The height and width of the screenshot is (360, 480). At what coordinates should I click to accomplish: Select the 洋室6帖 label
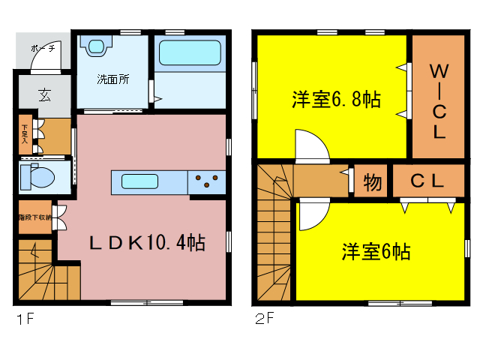pos(376,251)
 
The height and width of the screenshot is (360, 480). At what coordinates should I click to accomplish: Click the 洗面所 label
pos(112,79)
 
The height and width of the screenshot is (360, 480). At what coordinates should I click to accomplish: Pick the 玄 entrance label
pos(44,95)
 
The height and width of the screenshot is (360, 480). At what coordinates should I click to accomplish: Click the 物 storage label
pos(370,181)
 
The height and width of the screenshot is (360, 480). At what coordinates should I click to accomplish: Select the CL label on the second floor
pos(427,181)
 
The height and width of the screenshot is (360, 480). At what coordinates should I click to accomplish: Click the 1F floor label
pos(25,319)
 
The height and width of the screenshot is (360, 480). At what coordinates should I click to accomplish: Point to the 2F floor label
pos(263,319)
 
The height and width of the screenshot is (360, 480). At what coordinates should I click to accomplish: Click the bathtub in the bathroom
pos(190,54)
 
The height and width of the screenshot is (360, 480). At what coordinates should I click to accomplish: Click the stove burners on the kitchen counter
pos(208,179)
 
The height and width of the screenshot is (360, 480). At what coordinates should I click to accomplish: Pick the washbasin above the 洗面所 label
pos(97,47)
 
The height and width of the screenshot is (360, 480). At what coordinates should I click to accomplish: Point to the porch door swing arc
pos(55,55)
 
